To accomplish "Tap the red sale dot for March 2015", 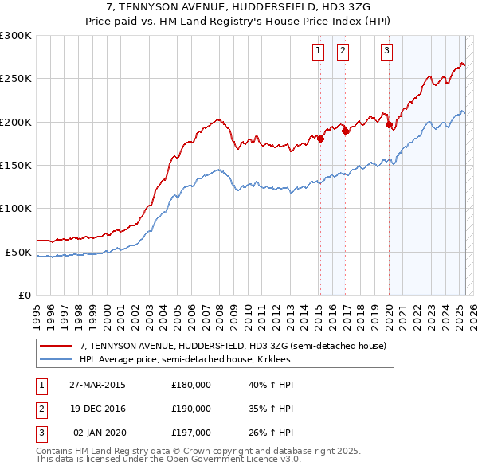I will point(320,139).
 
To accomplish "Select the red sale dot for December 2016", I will point(346,131).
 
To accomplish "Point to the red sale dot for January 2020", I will point(389,124).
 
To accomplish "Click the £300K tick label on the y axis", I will point(16,36).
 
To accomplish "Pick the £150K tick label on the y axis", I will point(16,166).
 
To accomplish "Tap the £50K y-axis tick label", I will point(19,252).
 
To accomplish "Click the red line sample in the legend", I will point(56,346).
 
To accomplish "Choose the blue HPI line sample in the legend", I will point(56,359).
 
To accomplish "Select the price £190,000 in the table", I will point(191,408).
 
